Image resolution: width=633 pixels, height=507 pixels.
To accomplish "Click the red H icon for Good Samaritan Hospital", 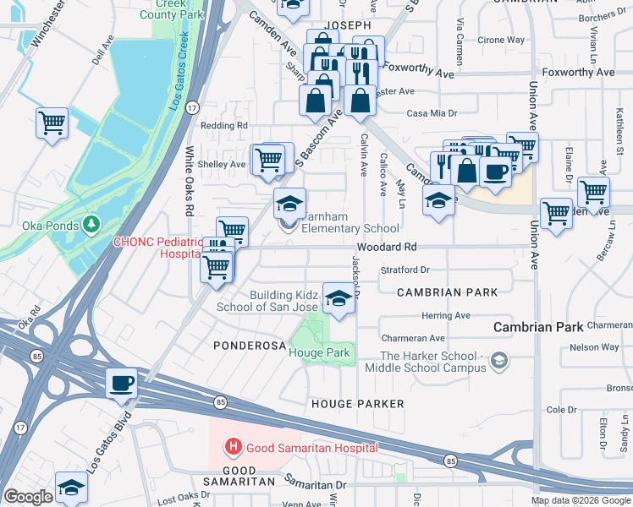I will pyautogui.click(x=231, y=445).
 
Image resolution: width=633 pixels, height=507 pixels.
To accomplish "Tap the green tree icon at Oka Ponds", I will pyautogui.click(x=91, y=225).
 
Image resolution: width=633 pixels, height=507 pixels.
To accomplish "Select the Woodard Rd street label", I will pyautogui.click(x=387, y=248).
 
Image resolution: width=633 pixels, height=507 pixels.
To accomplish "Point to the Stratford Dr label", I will pyautogui.click(x=405, y=270).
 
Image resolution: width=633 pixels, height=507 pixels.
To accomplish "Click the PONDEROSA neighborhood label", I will pyautogui.click(x=245, y=346).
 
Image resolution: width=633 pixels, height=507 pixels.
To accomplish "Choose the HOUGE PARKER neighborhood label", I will pyautogui.click(x=357, y=404).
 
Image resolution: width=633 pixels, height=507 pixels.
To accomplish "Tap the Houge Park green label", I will pyautogui.click(x=320, y=352).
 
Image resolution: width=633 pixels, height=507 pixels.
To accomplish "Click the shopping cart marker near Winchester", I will pyautogui.click(x=52, y=123).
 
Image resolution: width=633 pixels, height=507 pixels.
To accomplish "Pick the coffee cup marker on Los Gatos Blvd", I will pyautogui.click(x=122, y=382).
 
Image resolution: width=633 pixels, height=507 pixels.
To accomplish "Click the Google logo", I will pyautogui.click(x=28, y=497).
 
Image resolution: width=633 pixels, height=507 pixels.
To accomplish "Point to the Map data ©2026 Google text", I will pyautogui.click(x=581, y=500).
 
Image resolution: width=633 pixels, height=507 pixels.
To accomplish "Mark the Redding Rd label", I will pyautogui.click(x=223, y=126).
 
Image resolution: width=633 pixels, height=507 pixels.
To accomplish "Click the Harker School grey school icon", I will pyautogui.click(x=500, y=362).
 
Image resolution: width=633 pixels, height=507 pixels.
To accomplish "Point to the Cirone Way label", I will pyautogui.click(x=502, y=40).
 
